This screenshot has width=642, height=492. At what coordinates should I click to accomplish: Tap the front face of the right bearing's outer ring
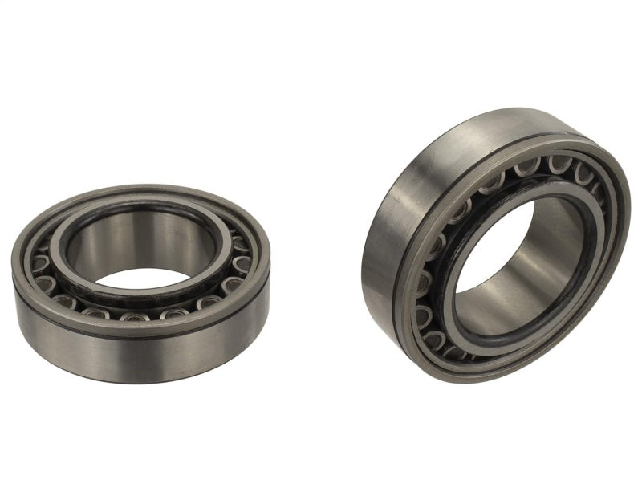click(x=602, y=265)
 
